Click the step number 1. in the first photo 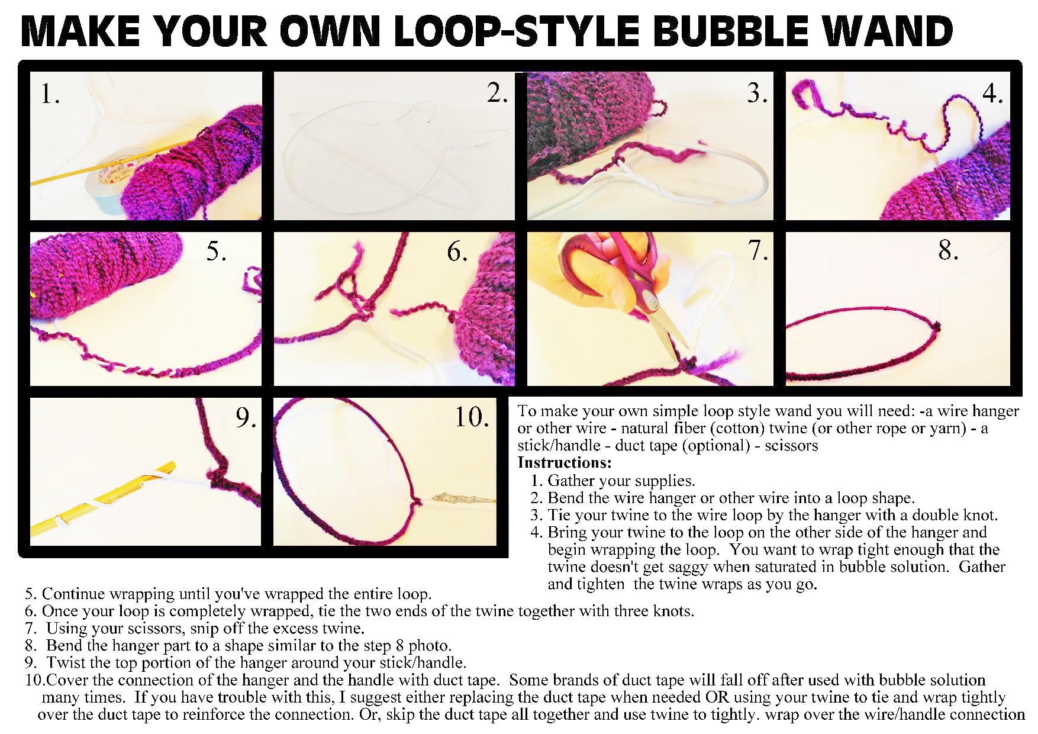[x=50, y=94]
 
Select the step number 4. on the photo [x=992, y=94]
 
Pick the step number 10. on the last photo [x=472, y=417]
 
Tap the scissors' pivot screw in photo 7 [x=650, y=304]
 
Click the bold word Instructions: [x=564, y=462]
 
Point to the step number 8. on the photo [x=948, y=250]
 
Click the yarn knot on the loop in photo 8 [x=936, y=326]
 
